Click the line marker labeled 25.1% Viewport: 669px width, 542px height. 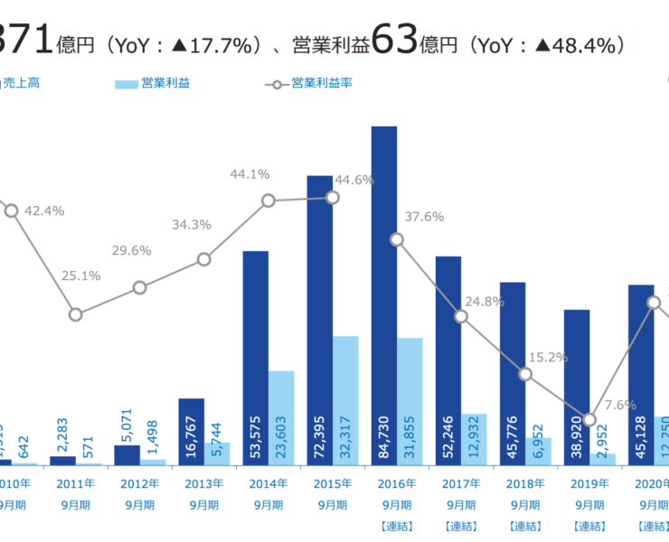[76, 314]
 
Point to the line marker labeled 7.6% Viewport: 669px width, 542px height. [589, 419]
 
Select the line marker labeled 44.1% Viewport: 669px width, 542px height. [269, 201]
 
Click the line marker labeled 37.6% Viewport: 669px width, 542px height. [397, 239]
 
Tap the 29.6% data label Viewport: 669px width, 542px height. [132, 250]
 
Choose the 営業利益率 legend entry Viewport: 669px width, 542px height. [322, 84]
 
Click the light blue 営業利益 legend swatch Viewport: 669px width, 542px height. [127, 84]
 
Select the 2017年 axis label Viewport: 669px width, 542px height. [461, 484]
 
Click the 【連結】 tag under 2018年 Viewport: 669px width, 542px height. [525, 526]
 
